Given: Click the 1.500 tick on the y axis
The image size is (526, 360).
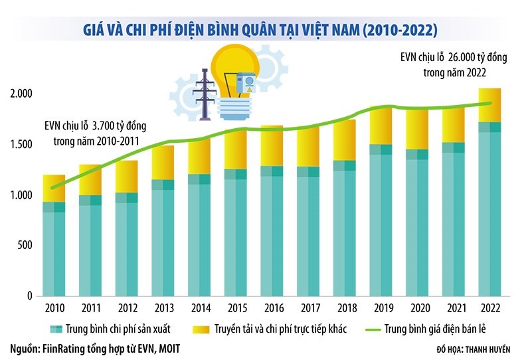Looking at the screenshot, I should tap(24, 145).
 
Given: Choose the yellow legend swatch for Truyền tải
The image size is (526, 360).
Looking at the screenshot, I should tap(199, 328).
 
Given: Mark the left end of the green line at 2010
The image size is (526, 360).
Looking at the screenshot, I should tap(52, 187).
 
